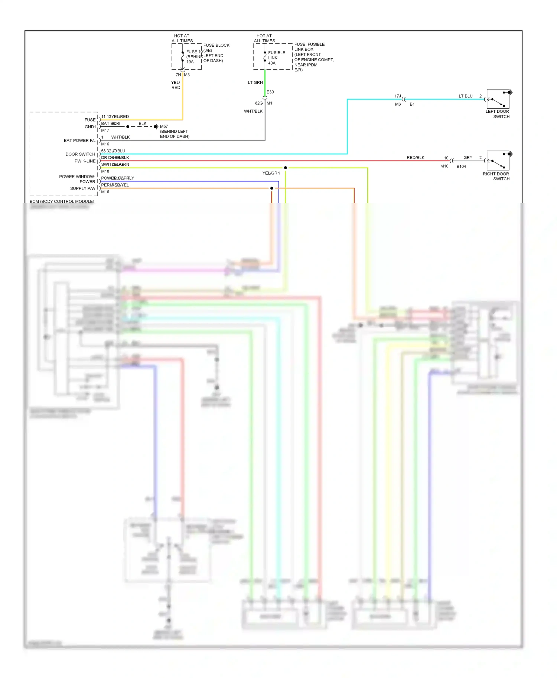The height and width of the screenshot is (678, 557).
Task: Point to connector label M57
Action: click(x=164, y=126)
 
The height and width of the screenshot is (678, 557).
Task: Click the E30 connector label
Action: click(x=270, y=92)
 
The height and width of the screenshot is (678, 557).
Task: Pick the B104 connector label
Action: click(x=461, y=167)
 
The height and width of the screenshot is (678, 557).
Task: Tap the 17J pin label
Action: click(x=397, y=96)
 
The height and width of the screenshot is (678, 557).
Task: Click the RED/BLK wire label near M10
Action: click(x=415, y=158)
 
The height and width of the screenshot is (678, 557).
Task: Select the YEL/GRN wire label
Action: click(x=271, y=173)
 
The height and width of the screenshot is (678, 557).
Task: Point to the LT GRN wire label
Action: click(x=255, y=83)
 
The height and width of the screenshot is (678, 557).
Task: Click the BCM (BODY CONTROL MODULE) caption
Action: click(x=62, y=201)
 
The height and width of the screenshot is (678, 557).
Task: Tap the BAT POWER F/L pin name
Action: click(x=79, y=141)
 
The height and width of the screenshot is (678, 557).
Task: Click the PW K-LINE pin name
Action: click(x=85, y=161)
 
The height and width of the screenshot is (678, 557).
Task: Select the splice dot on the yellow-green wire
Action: click(x=285, y=168)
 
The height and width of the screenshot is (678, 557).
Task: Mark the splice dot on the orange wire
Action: click(x=271, y=188)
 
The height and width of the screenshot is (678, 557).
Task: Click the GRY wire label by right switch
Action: click(x=468, y=158)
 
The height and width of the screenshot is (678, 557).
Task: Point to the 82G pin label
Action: click(x=258, y=103)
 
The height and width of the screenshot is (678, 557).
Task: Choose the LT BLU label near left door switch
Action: click(x=465, y=96)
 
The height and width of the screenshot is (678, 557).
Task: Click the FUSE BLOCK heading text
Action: click(x=216, y=45)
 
